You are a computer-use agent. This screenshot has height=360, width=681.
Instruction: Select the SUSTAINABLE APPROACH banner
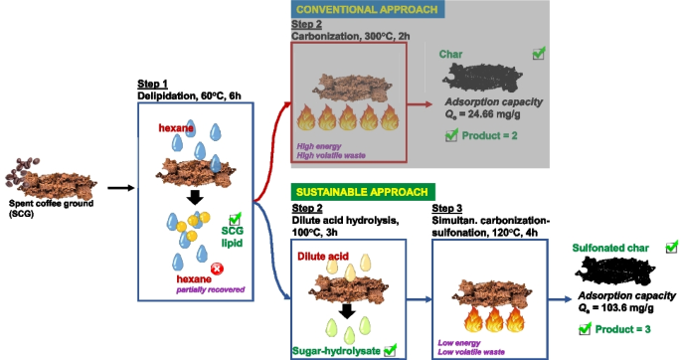pos(360,190)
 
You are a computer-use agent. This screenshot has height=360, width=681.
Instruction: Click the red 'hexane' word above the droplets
pos(178,129)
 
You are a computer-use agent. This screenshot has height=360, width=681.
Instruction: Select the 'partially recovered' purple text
pos(209,289)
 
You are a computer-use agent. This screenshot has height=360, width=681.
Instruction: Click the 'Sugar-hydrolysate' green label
pos(337,348)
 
